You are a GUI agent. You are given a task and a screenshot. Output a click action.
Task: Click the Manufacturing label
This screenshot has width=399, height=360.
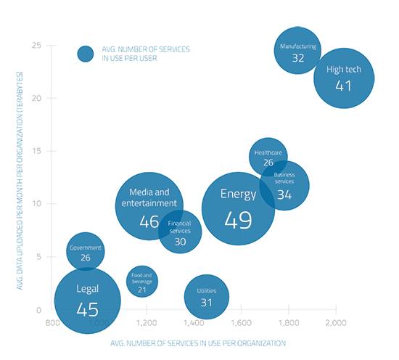(x=298, y=46)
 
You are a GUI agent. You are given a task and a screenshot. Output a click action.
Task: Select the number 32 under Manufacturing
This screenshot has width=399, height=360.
(x=298, y=58)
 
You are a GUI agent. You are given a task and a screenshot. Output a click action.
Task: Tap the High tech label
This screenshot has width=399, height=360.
(x=344, y=70)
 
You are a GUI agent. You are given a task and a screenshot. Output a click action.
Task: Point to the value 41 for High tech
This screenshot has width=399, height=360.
(x=344, y=86)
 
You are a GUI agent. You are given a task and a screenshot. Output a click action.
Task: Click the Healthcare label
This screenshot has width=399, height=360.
(x=268, y=152)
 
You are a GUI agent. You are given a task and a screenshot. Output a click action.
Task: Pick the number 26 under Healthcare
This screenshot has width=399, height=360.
(x=268, y=163)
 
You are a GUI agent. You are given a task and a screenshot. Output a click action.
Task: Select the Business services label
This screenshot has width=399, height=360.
(x=284, y=179)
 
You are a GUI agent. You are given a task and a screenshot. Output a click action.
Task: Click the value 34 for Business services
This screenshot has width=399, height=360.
(x=284, y=195)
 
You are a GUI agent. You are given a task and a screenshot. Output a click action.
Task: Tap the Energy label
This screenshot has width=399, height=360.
(x=239, y=194)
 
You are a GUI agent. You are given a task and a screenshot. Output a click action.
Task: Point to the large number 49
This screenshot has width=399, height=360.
(x=239, y=220)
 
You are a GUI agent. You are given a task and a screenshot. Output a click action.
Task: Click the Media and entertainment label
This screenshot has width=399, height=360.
(x=149, y=197)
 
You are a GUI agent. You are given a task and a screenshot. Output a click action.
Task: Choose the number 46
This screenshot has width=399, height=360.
(x=149, y=222)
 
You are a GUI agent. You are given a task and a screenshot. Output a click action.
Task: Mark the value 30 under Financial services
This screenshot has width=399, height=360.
(x=180, y=242)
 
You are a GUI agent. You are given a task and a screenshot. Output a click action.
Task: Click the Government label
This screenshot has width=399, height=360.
(x=86, y=247)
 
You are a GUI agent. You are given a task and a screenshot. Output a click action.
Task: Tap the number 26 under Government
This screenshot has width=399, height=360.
(x=86, y=258)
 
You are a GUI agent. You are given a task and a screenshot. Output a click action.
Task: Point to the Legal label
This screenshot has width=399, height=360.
(x=87, y=289)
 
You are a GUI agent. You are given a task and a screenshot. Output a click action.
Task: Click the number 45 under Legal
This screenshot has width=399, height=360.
(x=87, y=310)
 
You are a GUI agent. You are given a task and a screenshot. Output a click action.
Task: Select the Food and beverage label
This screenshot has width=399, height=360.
(x=142, y=279)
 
